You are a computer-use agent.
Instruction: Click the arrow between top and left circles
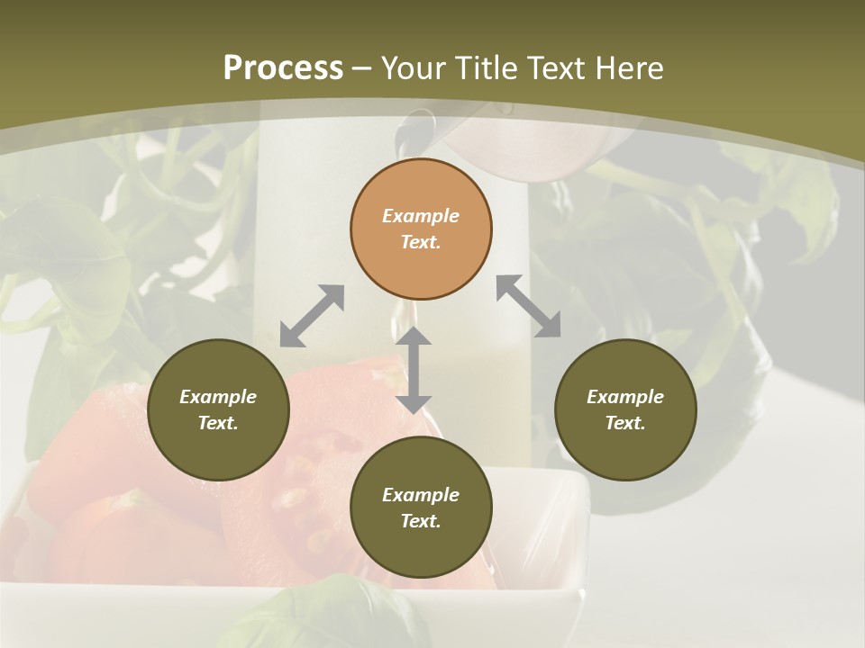[x=312, y=316]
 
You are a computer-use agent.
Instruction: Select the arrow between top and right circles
[x=528, y=306]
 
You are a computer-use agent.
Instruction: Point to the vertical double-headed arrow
[x=414, y=370]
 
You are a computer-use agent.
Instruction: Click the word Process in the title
[x=283, y=67]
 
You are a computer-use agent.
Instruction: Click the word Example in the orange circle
[x=421, y=216]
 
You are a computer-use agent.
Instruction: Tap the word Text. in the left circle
[x=218, y=423]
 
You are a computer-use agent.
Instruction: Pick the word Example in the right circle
[x=625, y=397]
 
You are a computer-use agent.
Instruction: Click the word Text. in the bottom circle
[x=421, y=521]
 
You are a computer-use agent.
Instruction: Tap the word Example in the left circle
[x=218, y=397]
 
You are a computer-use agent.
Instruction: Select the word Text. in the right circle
[x=625, y=423]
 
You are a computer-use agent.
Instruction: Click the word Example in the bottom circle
[x=421, y=495]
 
